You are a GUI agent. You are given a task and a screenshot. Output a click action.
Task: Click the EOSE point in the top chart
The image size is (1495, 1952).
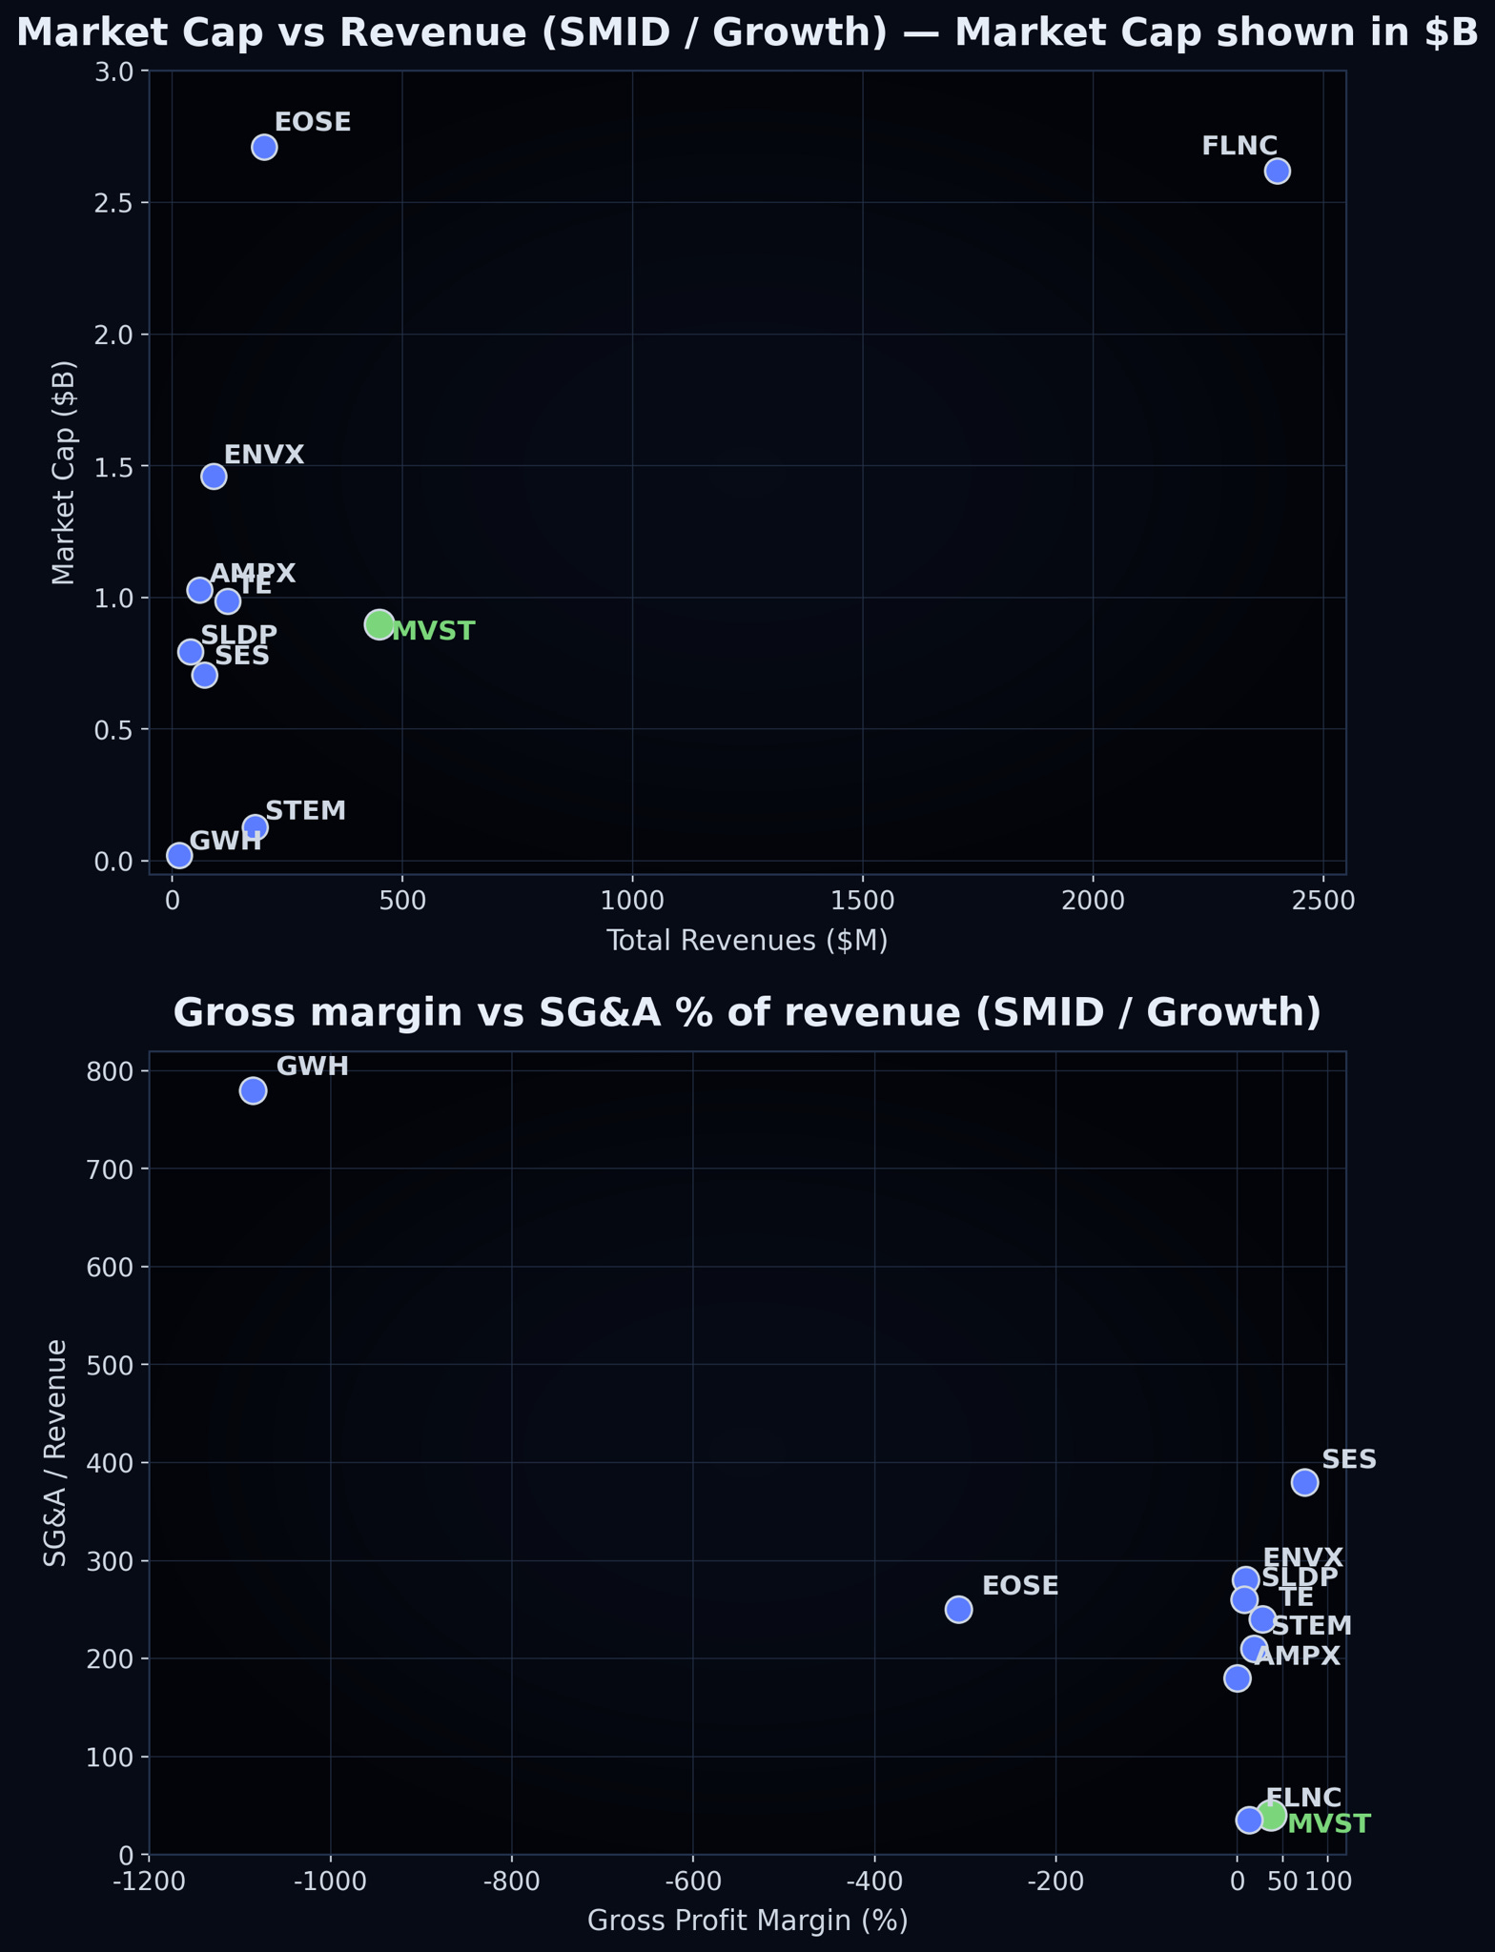(x=264, y=147)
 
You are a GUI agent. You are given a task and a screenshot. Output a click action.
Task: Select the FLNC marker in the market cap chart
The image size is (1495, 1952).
(x=1277, y=171)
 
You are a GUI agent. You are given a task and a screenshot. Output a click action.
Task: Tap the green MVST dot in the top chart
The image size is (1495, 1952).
(x=379, y=625)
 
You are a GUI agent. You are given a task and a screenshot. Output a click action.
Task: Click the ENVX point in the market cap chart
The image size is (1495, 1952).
(x=214, y=476)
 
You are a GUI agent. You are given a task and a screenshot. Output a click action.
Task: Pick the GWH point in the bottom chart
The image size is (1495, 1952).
(x=253, y=1090)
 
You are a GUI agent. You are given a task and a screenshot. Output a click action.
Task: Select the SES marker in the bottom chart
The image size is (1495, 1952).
(x=1304, y=1482)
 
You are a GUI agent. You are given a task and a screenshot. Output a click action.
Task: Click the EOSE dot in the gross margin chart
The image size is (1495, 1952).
(x=958, y=1609)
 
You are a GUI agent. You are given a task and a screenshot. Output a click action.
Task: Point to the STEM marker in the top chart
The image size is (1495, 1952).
(x=255, y=827)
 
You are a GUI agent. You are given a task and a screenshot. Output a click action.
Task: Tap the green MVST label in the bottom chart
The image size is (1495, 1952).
(x=1328, y=1824)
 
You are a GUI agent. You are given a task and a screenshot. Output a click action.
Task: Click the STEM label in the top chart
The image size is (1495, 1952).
(x=305, y=811)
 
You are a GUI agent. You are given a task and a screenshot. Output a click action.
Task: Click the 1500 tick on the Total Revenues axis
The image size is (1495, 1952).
(x=862, y=900)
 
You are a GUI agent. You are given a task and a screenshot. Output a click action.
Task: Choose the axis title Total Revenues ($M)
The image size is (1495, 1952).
(x=747, y=942)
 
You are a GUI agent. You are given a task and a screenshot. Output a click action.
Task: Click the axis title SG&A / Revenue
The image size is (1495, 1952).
(x=56, y=1453)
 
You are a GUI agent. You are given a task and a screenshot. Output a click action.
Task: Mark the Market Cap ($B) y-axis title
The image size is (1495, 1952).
(x=63, y=473)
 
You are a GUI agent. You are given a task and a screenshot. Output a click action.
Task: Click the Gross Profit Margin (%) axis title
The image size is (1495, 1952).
(x=747, y=1921)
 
